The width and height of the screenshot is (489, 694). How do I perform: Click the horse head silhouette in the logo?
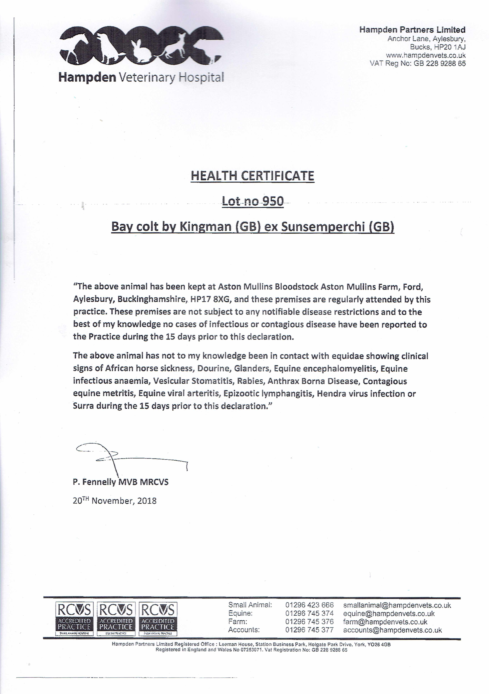coord(76,42)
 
